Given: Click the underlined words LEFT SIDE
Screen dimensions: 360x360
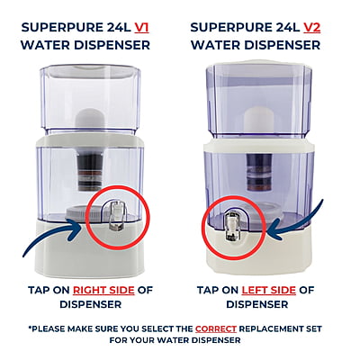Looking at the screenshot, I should pyautogui.click(x=268, y=292).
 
